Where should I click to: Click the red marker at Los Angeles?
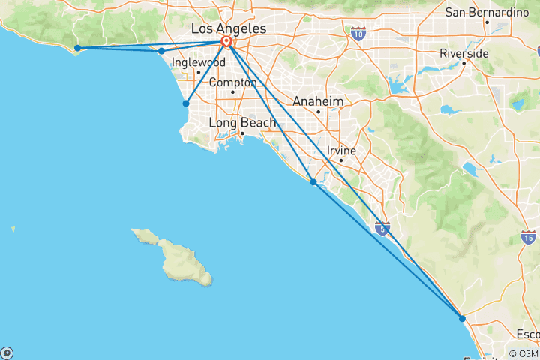click(x=226, y=42)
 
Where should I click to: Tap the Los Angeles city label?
click(x=229, y=28)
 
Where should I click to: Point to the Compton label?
click(x=232, y=82)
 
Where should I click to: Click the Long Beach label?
click(x=242, y=122)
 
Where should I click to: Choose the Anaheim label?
click(x=318, y=101)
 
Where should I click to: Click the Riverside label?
click(x=463, y=54)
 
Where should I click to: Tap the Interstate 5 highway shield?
click(x=382, y=228)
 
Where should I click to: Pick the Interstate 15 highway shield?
click(x=528, y=238)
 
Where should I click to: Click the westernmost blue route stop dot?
click(x=77, y=48)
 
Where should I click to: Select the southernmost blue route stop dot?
click(x=462, y=318)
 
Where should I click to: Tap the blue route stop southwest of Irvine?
click(x=313, y=181)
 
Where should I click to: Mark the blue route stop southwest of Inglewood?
click(x=186, y=103)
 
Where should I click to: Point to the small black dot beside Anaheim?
click(x=318, y=112)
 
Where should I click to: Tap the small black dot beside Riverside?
click(x=464, y=64)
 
